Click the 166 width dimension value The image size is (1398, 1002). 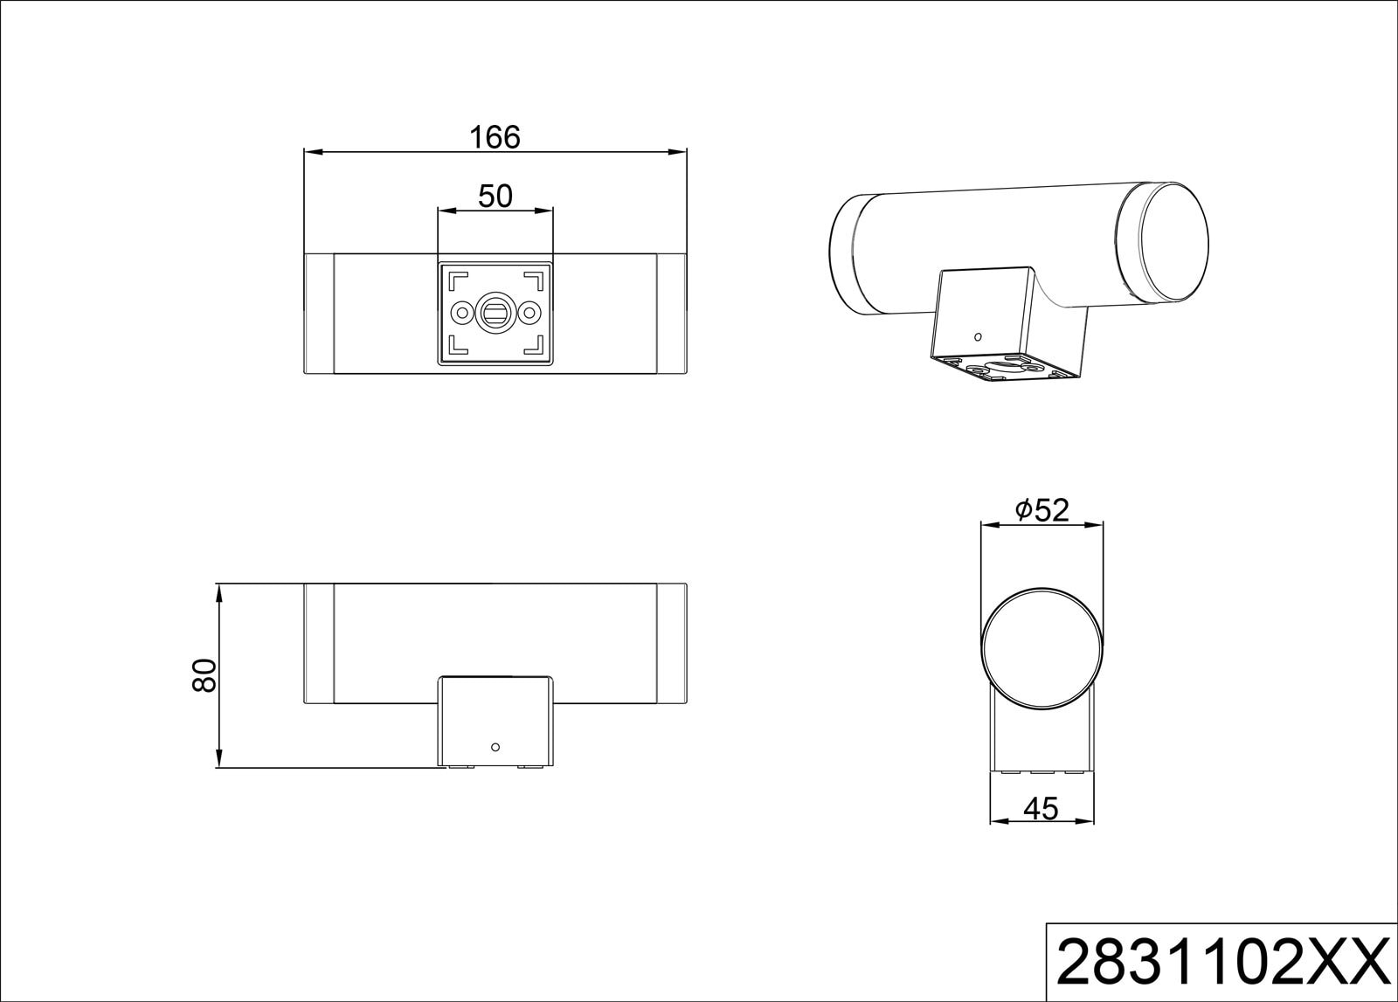495,137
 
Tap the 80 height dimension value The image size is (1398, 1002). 204,675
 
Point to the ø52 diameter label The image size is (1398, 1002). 1042,510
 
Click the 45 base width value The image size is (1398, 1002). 1041,809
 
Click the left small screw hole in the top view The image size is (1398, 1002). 462,312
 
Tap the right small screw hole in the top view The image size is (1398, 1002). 529,312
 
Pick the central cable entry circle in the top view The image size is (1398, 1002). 495,312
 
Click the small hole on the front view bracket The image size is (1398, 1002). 495,747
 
